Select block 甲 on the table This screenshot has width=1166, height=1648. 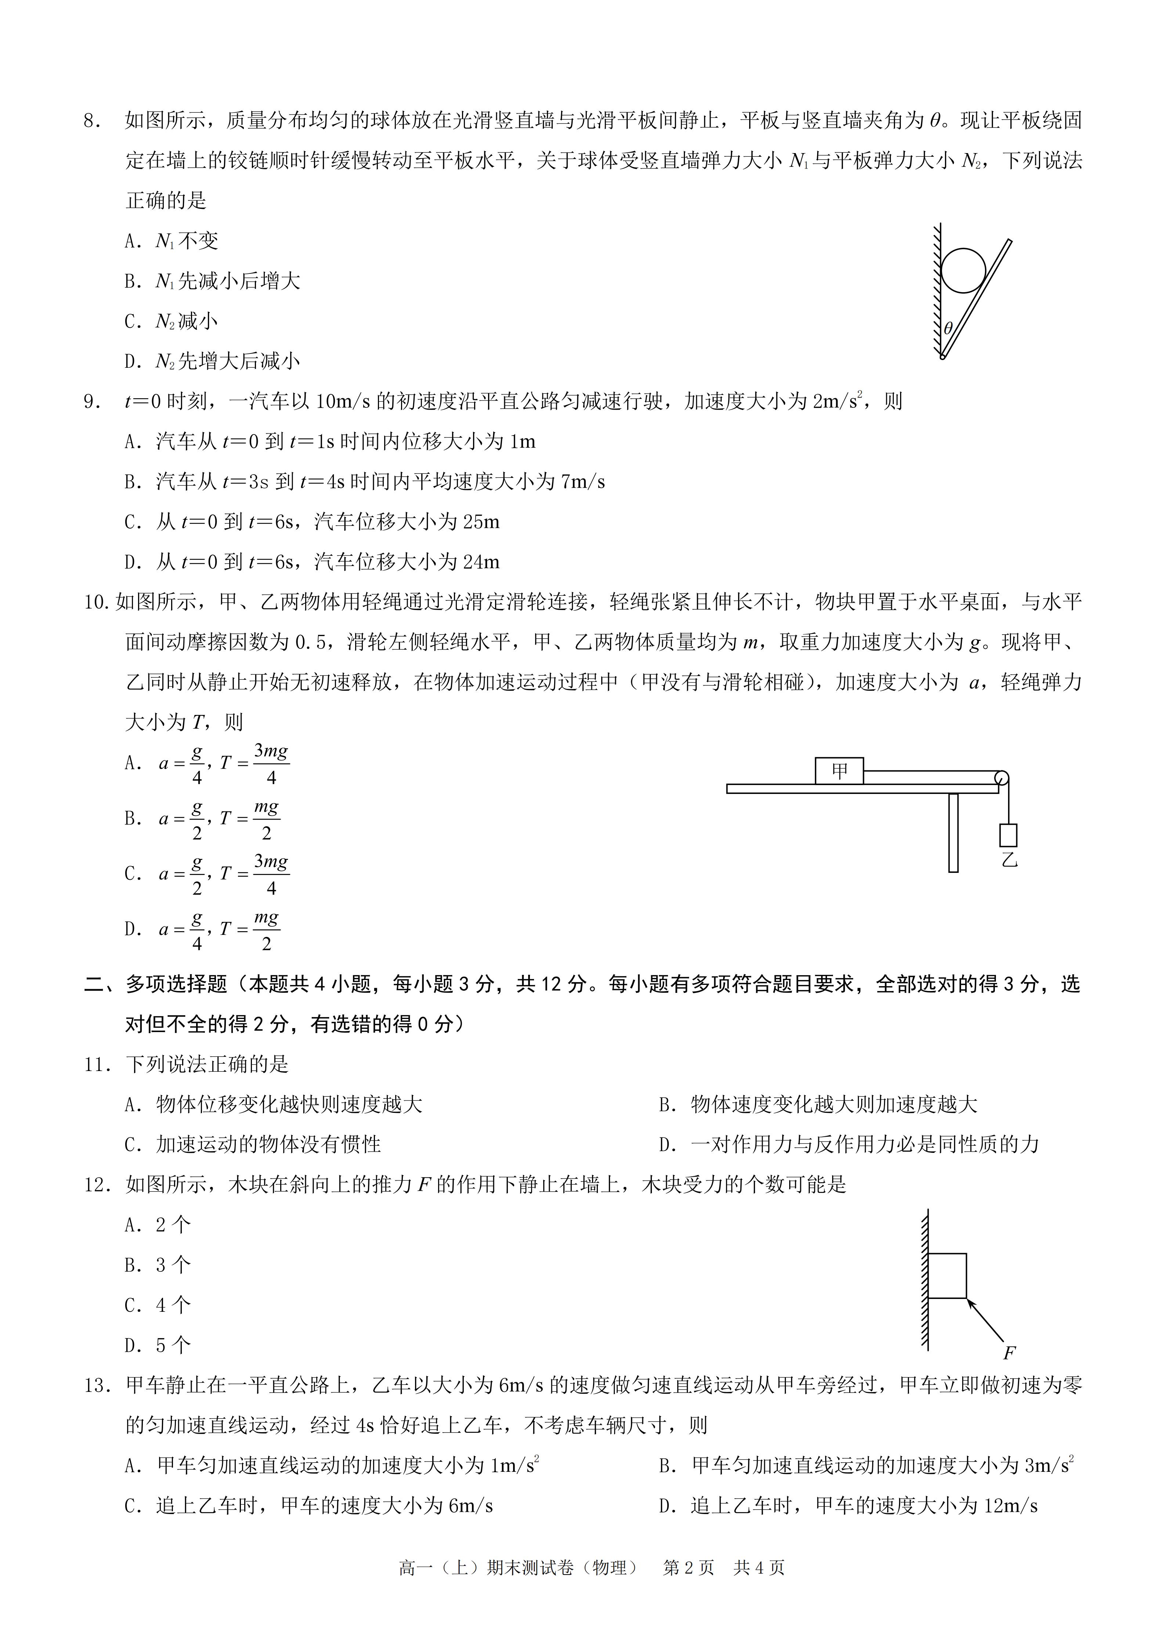838,771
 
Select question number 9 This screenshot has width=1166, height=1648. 93,402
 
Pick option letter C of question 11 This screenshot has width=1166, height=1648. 131,1145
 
